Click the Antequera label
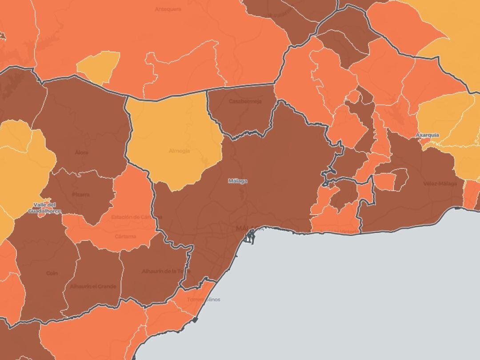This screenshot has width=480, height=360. tap(168, 9)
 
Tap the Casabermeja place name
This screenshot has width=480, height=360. tap(245, 101)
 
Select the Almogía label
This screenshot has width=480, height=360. tap(179, 151)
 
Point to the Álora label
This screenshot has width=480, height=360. tap(81, 152)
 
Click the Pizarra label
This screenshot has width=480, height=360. tap(80, 194)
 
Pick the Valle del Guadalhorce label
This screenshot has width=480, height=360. tap(44, 208)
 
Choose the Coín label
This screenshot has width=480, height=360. tap(52, 273)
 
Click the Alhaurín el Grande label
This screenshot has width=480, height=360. tap(93, 287)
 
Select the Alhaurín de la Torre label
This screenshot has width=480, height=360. tap(166, 271)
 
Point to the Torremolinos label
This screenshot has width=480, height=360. tap(203, 300)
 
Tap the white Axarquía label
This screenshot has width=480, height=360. tap(427, 135)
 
